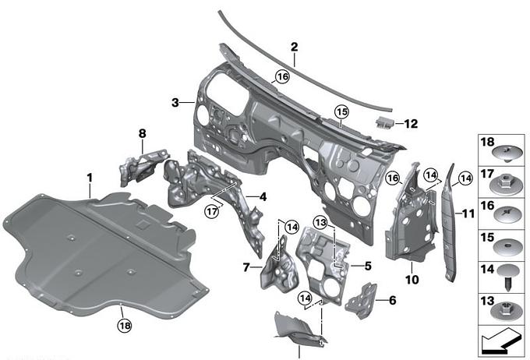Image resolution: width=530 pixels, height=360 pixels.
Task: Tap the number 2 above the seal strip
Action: tap(294, 48)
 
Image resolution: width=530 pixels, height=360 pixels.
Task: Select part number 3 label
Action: tap(175, 102)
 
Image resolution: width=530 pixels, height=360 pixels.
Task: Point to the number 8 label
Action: tap(142, 134)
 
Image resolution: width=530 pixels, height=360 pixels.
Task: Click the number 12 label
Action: tap(411, 123)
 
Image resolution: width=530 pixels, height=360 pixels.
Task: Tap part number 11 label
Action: tap(468, 212)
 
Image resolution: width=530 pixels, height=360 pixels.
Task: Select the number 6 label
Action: tap(391, 298)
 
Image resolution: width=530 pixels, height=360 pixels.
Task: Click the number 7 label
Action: tap(246, 267)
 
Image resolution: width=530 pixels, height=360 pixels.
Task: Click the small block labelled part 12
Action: tap(383, 121)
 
